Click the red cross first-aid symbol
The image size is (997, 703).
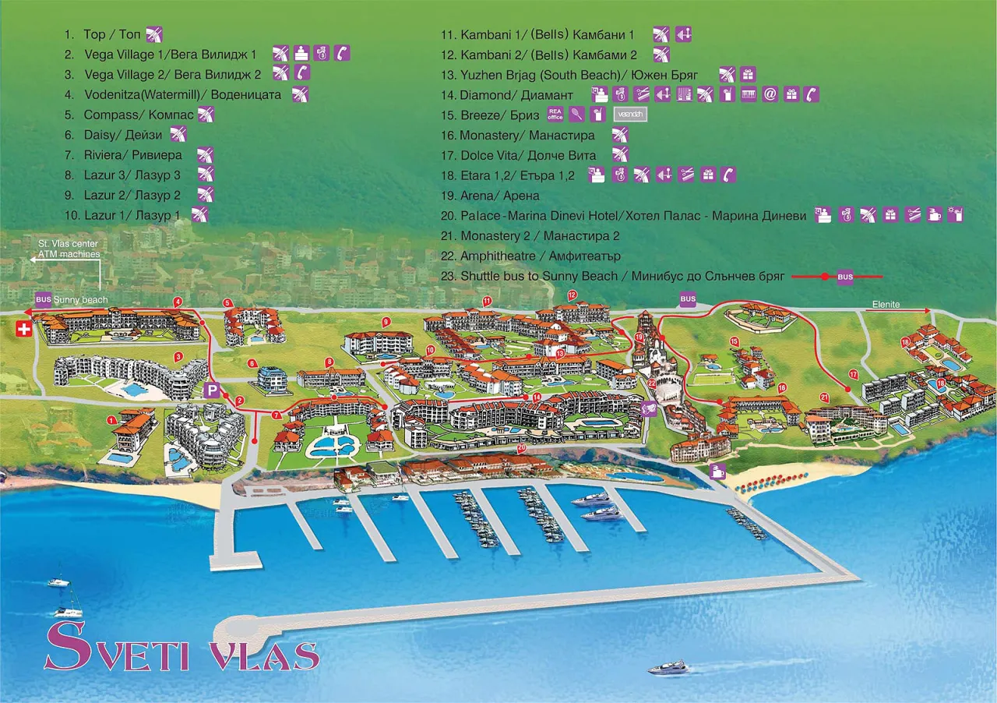point(24,330)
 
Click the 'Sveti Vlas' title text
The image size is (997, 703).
point(181,646)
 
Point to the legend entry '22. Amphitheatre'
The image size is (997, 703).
point(530,256)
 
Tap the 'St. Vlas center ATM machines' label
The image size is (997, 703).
point(69,249)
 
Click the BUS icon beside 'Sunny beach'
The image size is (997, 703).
point(43,299)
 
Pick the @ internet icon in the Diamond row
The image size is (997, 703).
point(770,95)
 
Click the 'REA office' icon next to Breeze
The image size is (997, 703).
point(555,115)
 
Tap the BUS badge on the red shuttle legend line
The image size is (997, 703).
point(845,277)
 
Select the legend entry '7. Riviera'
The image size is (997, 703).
point(132,155)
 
